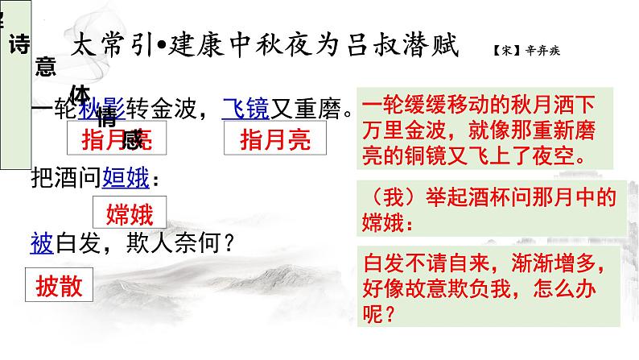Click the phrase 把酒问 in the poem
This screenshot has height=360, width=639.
(65, 176)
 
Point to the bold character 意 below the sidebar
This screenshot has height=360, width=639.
(46, 68)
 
